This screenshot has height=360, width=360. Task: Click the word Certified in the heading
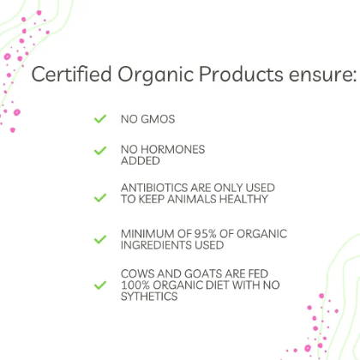coord(71,74)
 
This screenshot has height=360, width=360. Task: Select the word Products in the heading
coord(241,74)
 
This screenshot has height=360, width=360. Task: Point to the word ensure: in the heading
coord(323,75)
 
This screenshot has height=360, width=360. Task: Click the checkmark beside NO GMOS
coord(100,119)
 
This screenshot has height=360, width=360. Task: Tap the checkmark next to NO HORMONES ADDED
coord(100,151)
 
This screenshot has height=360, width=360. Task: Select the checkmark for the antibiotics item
coord(100,198)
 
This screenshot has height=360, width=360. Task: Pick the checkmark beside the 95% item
coord(100,239)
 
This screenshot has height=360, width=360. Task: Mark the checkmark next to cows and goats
coord(100,285)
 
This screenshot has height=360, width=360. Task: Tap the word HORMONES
coord(173,149)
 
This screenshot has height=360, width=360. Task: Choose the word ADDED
coord(141,161)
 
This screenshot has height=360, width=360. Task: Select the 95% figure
coord(205,234)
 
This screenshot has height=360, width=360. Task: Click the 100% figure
coord(135,285)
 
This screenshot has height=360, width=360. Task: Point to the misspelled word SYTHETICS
coord(149,297)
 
